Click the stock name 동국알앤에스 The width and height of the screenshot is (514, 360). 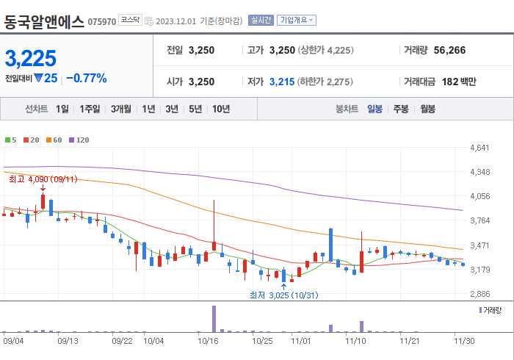coord(44,21)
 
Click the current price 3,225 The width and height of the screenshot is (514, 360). coord(31,58)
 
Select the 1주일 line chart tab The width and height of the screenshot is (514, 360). coord(90,109)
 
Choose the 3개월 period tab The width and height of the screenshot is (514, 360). coord(121,109)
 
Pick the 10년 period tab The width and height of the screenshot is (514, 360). coord(220,109)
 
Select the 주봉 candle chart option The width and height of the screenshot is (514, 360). coord(401,109)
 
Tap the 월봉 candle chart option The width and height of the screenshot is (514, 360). coord(428,109)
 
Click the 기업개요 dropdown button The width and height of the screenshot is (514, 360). coord(297,20)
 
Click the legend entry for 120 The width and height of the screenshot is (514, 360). coord(79,140)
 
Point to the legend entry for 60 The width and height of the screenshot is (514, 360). coord(55,140)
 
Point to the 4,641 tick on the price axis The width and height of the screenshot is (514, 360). coord(479,148)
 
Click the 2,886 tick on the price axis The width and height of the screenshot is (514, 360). coord(479,294)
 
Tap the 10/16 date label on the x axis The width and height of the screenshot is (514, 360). coord(209,341)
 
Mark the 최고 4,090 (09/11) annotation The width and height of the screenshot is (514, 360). coord(43,179)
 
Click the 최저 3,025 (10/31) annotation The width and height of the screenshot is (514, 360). coord(283,295)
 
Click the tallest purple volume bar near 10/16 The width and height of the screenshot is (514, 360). coord(214,319)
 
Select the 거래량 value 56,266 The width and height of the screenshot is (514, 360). coord(449,51)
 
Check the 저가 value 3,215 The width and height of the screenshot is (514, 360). coord(281,82)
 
